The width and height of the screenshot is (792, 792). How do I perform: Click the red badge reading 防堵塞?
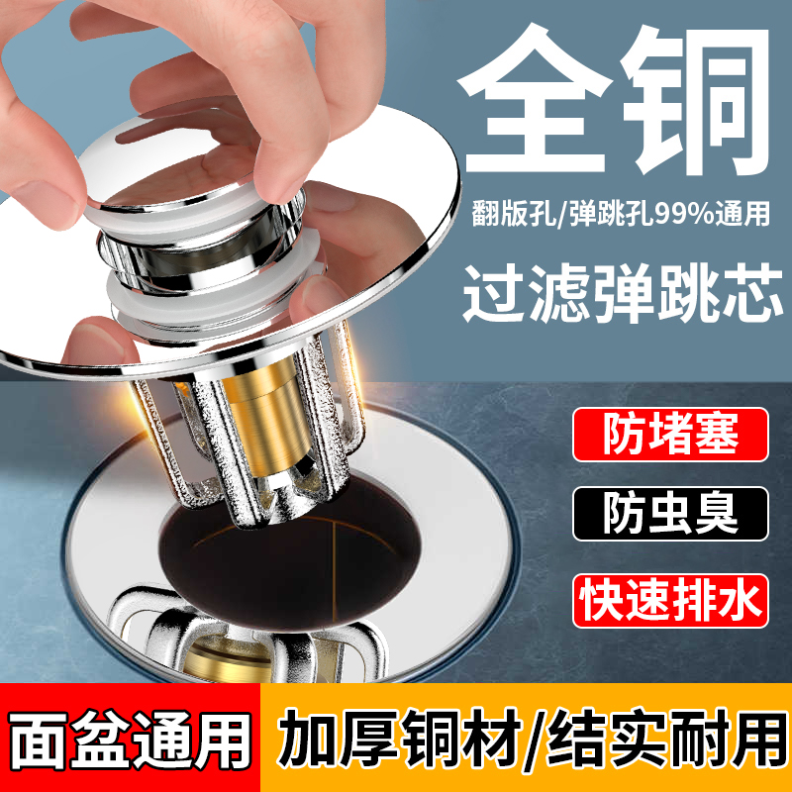point(670,436)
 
